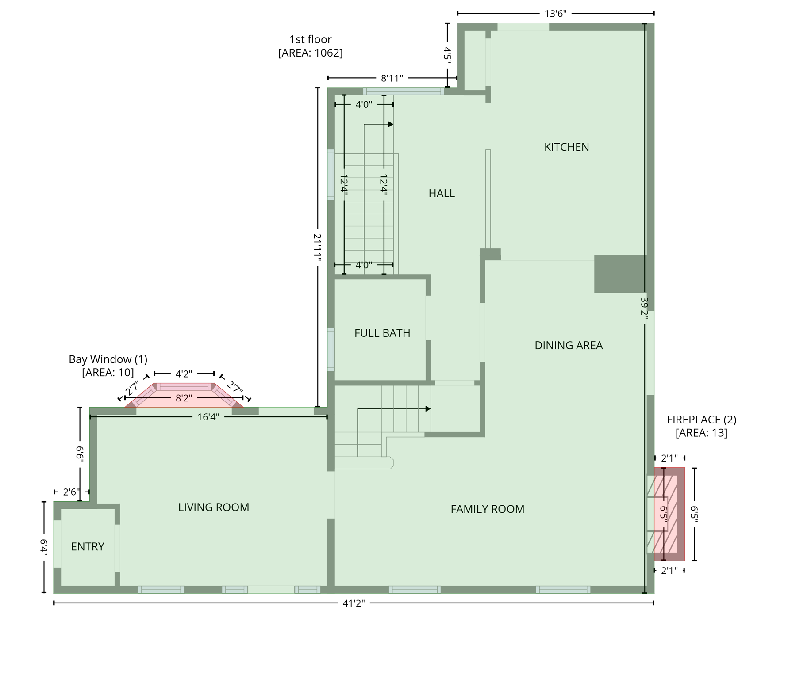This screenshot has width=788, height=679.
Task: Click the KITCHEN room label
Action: click(x=566, y=147)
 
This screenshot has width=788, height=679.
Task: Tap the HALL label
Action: click(x=442, y=193)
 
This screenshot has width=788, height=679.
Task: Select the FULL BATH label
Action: click(x=382, y=333)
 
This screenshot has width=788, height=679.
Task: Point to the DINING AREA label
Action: click(x=569, y=345)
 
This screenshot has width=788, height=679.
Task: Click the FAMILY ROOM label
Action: click(x=487, y=509)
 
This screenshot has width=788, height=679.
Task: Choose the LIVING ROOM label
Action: click(x=214, y=507)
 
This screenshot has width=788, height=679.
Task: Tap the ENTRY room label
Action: click(x=88, y=547)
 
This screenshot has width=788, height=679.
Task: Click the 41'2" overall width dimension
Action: click(x=354, y=603)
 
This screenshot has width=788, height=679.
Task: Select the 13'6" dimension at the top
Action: click(x=555, y=14)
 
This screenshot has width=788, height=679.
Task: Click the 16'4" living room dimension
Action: click(x=208, y=417)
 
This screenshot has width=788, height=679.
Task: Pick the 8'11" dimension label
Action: click(x=392, y=78)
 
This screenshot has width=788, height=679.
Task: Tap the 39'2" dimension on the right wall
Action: click(x=645, y=306)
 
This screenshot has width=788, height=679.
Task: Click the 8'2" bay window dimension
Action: click(x=184, y=398)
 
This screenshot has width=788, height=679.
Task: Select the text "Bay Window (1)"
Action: click(x=108, y=359)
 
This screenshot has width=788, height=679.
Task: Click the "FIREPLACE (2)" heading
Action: click(x=701, y=420)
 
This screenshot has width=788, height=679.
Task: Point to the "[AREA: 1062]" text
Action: click(x=310, y=53)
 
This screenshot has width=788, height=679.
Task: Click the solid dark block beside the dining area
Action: click(x=619, y=274)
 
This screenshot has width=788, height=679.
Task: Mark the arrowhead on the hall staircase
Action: click(x=391, y=124)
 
